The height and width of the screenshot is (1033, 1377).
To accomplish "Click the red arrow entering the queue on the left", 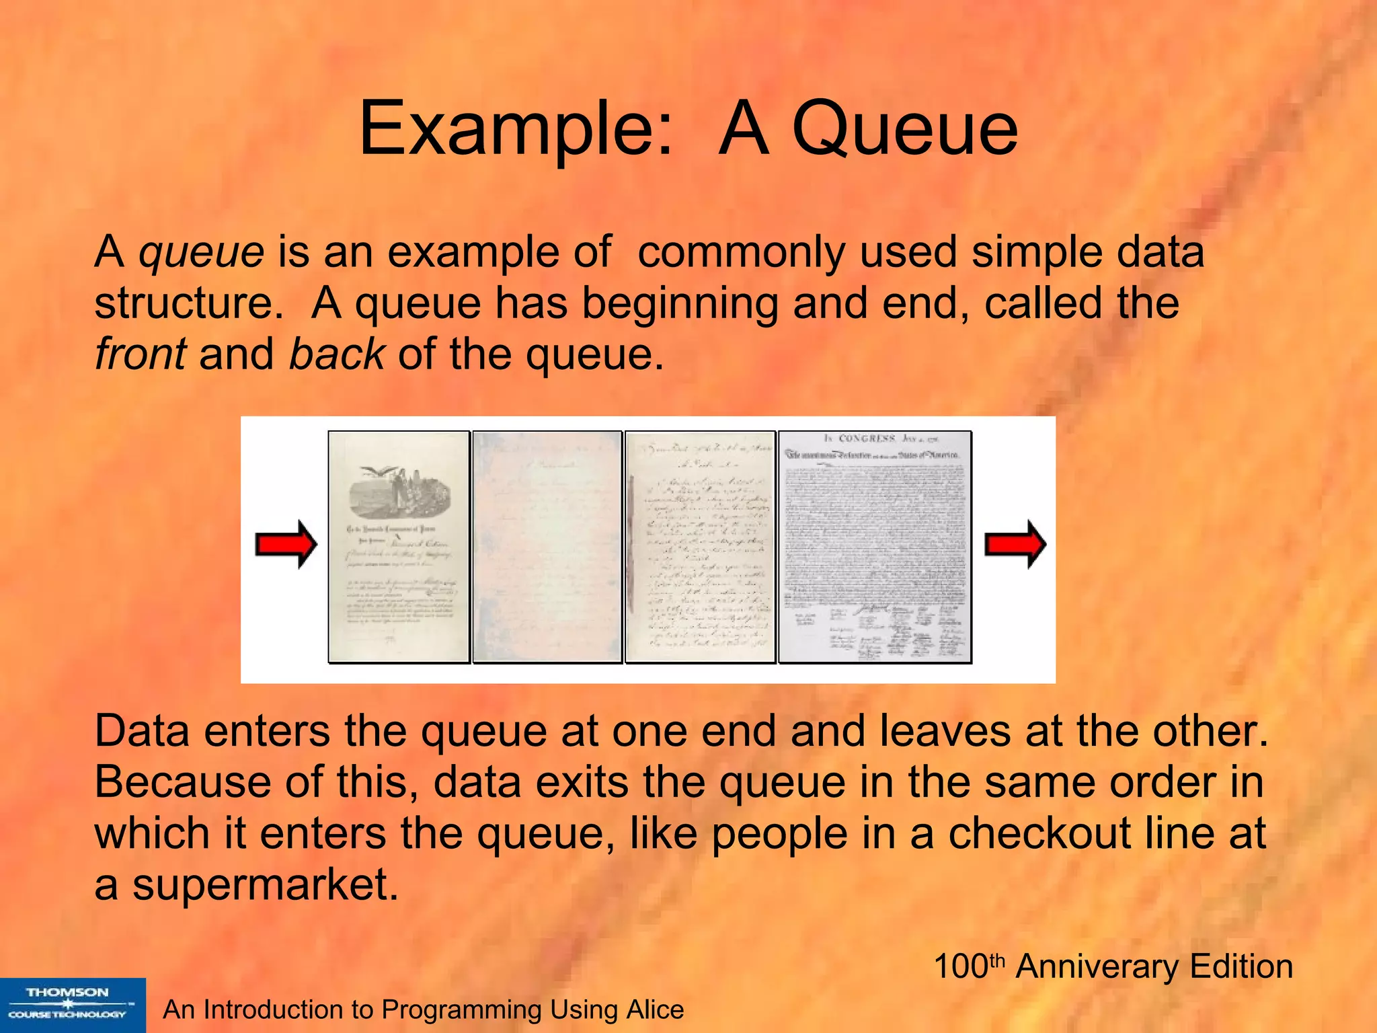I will pyautogui.click(x=286, y=544).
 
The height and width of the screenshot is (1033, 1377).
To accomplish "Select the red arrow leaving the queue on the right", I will pyautogui.click(x=1015, y=544).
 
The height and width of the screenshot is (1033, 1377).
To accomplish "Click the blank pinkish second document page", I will pyautogui.click(x=547, y=546).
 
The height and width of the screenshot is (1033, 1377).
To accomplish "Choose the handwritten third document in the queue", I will pyautogui.click(x=700, y=546).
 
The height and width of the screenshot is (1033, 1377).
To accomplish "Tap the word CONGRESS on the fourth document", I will pyautogui.click(x=867, y=438).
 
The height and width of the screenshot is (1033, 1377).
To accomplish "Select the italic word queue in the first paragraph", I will pyautogui.click(x=201, y=252).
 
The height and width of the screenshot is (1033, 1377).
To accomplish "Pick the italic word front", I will pyautogui.click(x=140, y=354).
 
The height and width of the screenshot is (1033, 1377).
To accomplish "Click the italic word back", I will pyautogui.click(x=336, y=354).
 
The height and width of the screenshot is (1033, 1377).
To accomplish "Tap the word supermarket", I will pyautogui.click(x=266, y=884).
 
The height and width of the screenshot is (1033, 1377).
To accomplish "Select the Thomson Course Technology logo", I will pyautogui.click(x=72, y=1004).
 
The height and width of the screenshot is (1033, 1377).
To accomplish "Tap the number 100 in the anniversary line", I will pyautogui.click(x=960, y=967).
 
